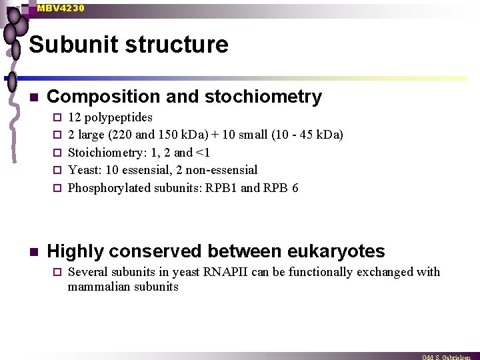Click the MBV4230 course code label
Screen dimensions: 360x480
click(x=61, y=8)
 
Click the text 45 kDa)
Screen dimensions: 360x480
click(x=324, y=135)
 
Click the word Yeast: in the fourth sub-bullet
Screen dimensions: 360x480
click(x=85, y=170)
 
